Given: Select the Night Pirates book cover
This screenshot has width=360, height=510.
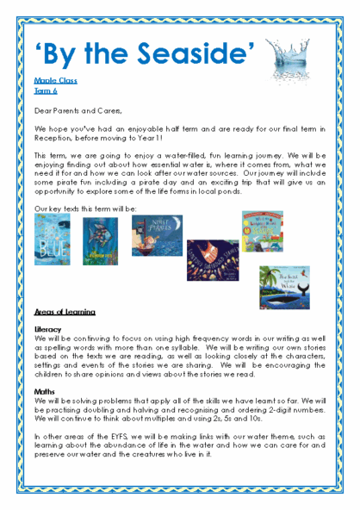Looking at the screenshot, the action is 157,236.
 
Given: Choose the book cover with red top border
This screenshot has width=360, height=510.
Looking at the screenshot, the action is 262,232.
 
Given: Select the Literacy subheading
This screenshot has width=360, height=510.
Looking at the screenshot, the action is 49,329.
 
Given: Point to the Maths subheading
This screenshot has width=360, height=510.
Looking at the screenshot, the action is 45,389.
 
